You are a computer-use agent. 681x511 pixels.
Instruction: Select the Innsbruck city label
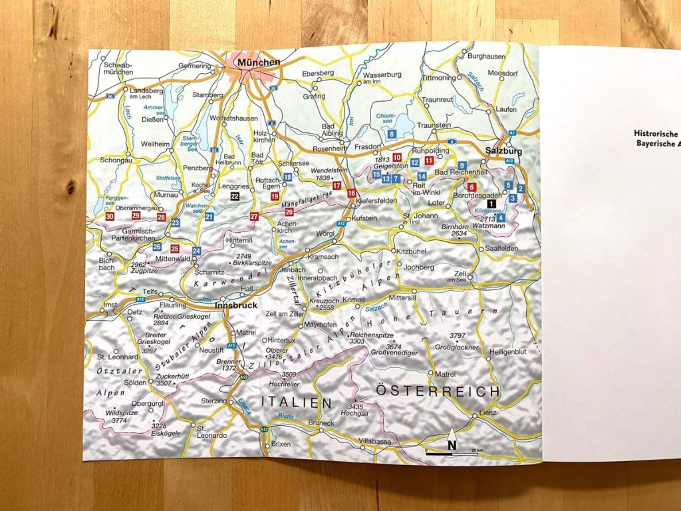236,305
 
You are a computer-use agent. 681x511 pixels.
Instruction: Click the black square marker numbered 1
491,204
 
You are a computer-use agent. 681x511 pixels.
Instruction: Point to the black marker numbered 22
234,196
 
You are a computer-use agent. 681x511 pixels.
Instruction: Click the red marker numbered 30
110,217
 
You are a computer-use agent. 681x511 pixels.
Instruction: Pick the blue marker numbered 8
392,134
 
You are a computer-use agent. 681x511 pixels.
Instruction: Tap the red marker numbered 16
351,193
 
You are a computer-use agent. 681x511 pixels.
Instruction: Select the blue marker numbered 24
196,251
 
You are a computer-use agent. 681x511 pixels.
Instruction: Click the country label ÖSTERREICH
437,391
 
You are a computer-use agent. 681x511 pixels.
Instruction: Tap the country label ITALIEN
295,401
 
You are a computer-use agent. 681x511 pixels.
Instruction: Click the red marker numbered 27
254,217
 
